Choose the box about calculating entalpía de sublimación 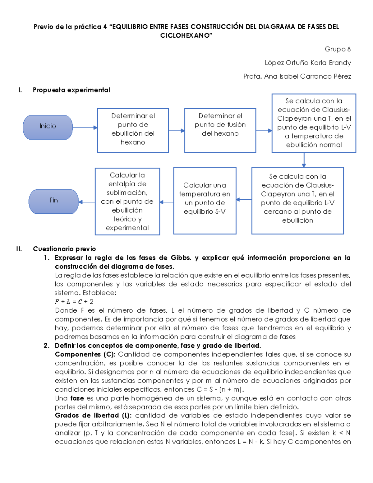(x=127, y=202)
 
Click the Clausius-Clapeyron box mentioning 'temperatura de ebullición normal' (x=314, y=123)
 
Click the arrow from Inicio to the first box (x=85, y=128)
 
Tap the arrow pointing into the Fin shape (x=87, y=202)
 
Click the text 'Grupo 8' (x=338, y=49)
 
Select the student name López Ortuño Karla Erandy (x=308, y=63)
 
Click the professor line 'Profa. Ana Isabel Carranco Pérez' (x=297, y=77)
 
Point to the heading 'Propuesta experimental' (x=71, y=90)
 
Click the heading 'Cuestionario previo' (x=64, y=249)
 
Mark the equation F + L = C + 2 (x=74, y=302)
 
